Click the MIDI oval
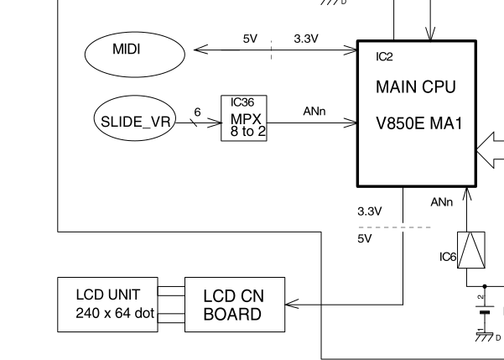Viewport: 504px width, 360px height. [x=127, y=50]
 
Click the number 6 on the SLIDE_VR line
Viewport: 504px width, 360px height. [x=196, y=111]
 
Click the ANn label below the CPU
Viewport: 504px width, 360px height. [x=442, y=202]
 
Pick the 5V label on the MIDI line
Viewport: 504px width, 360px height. [x=250, y=39]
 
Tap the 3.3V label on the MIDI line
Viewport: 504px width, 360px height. [x=304, y=39]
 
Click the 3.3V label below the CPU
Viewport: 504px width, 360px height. [x=369, y=210]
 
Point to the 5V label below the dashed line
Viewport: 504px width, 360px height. [x=363, y=238]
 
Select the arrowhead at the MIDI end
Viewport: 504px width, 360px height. [x=200, y=50]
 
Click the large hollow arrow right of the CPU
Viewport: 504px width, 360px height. [x=490, y=150]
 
